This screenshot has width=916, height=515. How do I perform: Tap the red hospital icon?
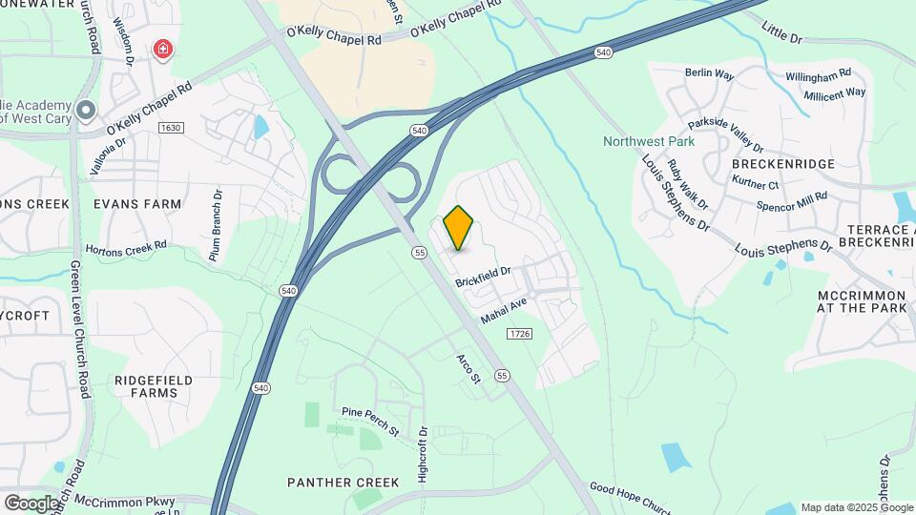[x=163, y=48]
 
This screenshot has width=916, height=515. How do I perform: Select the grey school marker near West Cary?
[x=86, y=111]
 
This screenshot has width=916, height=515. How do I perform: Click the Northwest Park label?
[x=649, y=142]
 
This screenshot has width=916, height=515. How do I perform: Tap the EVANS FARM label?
[x=137, y=204]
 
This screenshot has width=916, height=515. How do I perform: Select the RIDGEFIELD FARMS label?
[x=154, y=386]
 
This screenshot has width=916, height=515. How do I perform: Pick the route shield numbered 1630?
[x=171, y=128]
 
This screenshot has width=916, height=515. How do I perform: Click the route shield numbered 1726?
[x=519, y=333]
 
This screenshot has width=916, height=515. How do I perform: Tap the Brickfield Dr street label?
[x=484, y=277]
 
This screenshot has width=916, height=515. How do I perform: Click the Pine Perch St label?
[x=370, y=421]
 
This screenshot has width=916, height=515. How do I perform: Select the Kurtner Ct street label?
[x=754, y=184]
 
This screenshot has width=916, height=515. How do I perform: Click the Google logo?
[x=31, y=503]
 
